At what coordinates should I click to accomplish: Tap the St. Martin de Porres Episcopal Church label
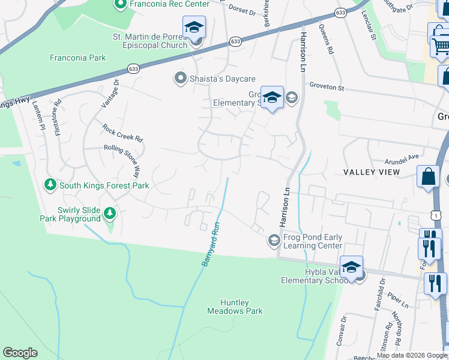[150, 41]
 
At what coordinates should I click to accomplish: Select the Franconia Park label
[78, 58]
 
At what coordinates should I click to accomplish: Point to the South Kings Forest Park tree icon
[50, 185]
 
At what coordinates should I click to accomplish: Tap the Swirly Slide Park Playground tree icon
[109, 213]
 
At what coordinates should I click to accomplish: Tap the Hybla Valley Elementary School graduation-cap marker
[351, 266]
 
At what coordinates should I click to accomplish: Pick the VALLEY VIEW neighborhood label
[372, 173]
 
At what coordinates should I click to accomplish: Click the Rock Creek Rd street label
[123, 133]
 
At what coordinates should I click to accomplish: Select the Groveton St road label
[327, 88]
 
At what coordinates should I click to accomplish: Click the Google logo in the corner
[20, 353]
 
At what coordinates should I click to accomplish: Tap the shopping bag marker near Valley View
[429, 178]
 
